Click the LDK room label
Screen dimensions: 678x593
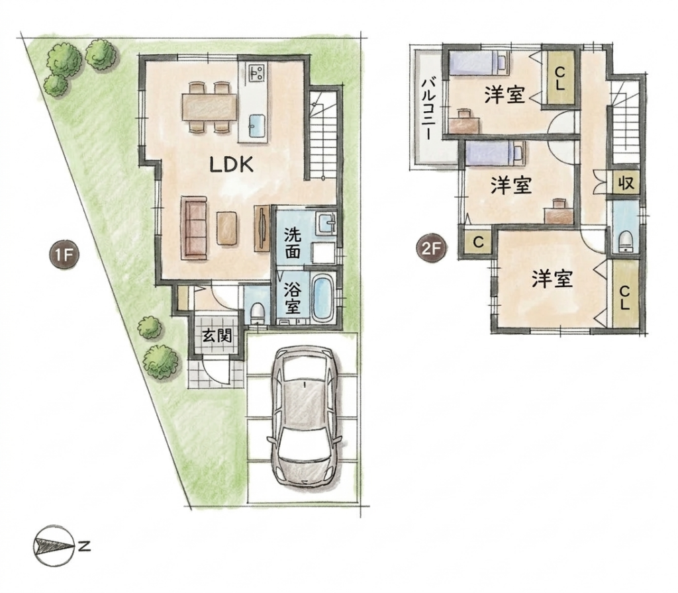231,165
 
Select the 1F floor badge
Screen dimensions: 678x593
64,255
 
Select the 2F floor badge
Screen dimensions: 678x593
431,249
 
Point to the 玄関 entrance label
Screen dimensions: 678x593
217,336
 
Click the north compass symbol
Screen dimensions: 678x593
52,546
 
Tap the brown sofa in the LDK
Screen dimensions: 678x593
194,228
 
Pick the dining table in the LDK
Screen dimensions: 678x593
210,107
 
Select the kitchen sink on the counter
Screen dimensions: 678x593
257,126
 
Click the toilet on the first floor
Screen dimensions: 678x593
258,312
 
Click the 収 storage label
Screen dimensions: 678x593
625,183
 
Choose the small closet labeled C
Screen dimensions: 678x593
478,242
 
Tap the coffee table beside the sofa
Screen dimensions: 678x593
227,228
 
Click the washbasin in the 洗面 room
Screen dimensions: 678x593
326,224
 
